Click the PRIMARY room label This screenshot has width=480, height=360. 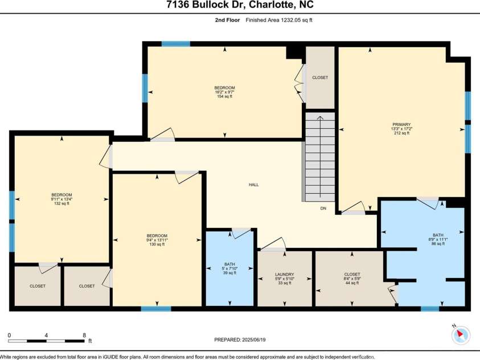pyautogui.click(x=401, y=124)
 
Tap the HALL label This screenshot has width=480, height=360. pyautogui.click(x=253, y=185)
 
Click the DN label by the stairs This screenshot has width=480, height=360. pyautogui.click(x=322, y=208)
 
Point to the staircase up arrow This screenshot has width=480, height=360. pyautogui.click(x=319, y=118)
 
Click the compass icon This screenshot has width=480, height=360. pyautogui.click(x=461, y=336)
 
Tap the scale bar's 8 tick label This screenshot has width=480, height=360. pyautogui.click(x=84, y=335)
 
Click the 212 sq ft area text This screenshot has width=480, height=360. pyautogui.click(x=401, y=133)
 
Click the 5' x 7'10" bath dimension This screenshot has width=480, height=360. pyautogui.click(x=229, y=268)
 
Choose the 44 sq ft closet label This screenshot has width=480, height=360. pyautogui.click(x=352, y=283)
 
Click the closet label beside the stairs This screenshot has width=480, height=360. pyautogui.click(x=320, y=77)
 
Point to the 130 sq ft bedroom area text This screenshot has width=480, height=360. pyautogui.click(x=157, y=245)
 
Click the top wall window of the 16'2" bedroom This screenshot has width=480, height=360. pyautogui.click(x=175, y=43)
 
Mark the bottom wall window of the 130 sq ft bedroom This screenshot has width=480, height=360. pyautogui.click(x=155, y=309)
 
